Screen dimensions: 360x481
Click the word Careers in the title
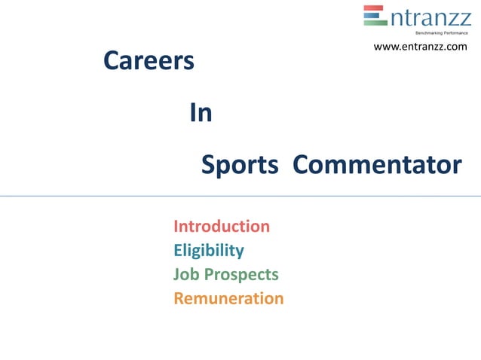(149, 61)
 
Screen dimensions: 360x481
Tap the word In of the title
(201, 113)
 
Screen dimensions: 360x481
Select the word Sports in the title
(239, 165)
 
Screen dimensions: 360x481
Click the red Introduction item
(222, 226)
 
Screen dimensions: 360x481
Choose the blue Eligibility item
(208, 250)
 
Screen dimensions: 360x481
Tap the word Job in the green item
(186, 274)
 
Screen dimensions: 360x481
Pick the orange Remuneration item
(228, 298)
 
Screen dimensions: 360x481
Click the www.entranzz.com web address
(420, 47)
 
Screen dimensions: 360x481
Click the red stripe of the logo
(375, 10)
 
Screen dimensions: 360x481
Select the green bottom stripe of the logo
(375, 23)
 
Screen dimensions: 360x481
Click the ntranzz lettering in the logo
(430, 17)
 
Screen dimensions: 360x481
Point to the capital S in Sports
(209, 165)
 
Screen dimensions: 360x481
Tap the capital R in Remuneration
(179, 298)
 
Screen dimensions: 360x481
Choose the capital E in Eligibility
(178, 250)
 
